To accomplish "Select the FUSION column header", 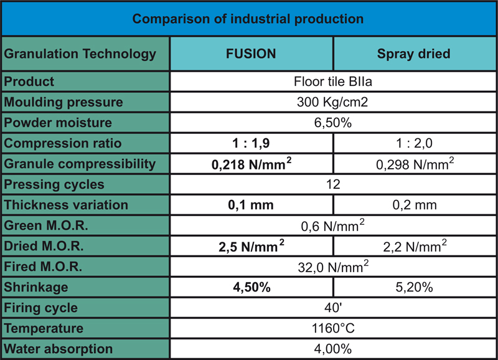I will click(x=251, y=54).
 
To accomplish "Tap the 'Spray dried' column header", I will click(x=413, y=54).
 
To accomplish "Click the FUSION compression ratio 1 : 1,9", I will click(x=251, y=143).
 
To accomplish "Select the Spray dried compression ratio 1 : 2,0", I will click(x=413, y=143).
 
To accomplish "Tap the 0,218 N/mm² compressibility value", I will click(x=251, y=164).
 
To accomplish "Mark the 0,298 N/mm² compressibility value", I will click(x=413, y=164).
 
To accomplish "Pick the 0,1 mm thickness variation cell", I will click(x=251, y=205).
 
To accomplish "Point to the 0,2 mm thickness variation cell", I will click(x=413, y=205).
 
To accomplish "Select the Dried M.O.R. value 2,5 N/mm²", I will click(x=251, y=247).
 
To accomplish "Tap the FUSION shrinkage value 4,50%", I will click(x=251, y=288).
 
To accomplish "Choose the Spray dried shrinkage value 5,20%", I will click(x=413, y=288).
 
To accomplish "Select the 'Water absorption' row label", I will click(x=59, y=349).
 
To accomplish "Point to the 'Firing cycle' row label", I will click(x=41, y=308).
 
